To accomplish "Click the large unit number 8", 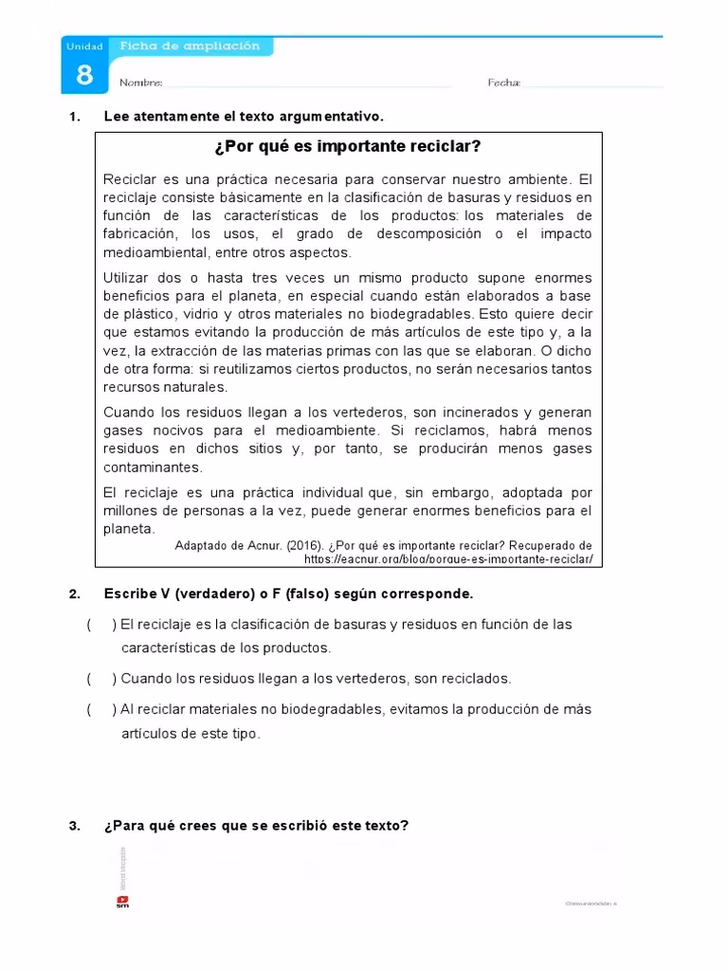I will click(x=84, y=75).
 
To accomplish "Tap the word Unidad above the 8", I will click(x=78, y=46).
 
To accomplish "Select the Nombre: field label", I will click(x=141, y=83).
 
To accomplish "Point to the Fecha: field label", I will click(x=504, y=83).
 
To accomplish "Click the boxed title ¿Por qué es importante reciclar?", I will click(x=348, y=146).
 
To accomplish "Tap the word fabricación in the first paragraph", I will click(x=139, y=234).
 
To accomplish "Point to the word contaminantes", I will click(x=153, y=467).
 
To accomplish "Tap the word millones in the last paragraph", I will click(x=128, y=511).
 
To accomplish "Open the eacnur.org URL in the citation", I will click(x=448, y=559).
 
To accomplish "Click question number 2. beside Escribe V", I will click(x=75, y=594).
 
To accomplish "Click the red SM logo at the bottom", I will click(x=122, y=902).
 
